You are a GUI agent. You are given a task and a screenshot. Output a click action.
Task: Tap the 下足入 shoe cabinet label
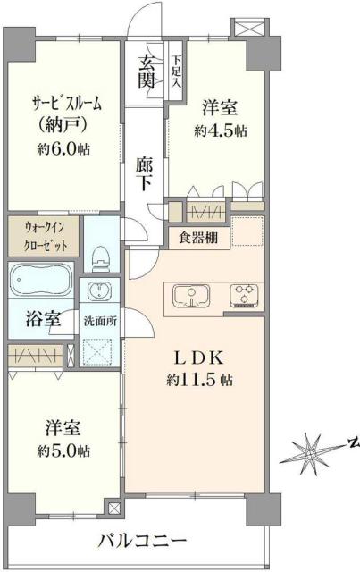click(x=176, y=68)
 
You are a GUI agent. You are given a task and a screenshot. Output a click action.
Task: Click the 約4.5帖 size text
click(x=221, y=130)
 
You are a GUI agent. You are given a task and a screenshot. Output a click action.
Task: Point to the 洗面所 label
click(x=98, y=319)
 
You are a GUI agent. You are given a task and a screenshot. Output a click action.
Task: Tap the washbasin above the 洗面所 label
click(x=98, y=292)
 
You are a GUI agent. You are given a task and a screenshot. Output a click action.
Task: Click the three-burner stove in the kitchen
click(x=243, y=294)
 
